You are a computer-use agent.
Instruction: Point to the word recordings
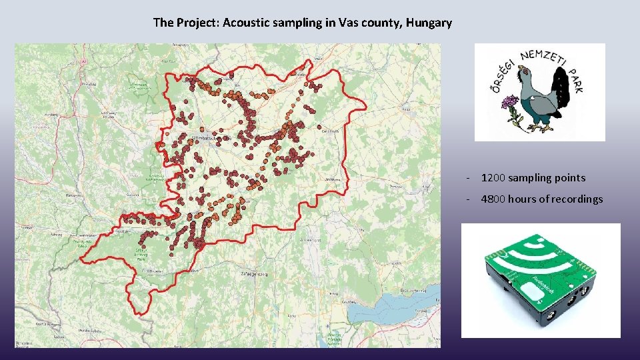point(577,199)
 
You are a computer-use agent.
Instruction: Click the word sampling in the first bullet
point(530,178)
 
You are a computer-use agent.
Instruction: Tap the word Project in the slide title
point(196,23)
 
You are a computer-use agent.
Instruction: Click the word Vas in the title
point(348,23)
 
